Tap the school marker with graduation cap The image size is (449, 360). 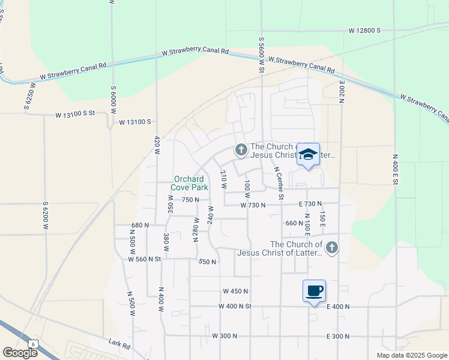(x=308, y=155)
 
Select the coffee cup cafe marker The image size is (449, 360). (x=314, y=291)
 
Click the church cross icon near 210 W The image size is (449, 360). (x=241, y=149)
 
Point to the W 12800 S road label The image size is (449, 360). (x=365, y=30)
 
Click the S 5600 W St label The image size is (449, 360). (x=262, y=55)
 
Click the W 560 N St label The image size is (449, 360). (x=145, y=259)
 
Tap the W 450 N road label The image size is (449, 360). (x=235, y=291)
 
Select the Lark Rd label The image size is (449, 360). (x=119, y=345)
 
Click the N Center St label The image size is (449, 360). (x=279, y=182)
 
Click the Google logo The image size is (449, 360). (x=20, y=352)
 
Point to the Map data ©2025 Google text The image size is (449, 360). (x=412, y=355)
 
